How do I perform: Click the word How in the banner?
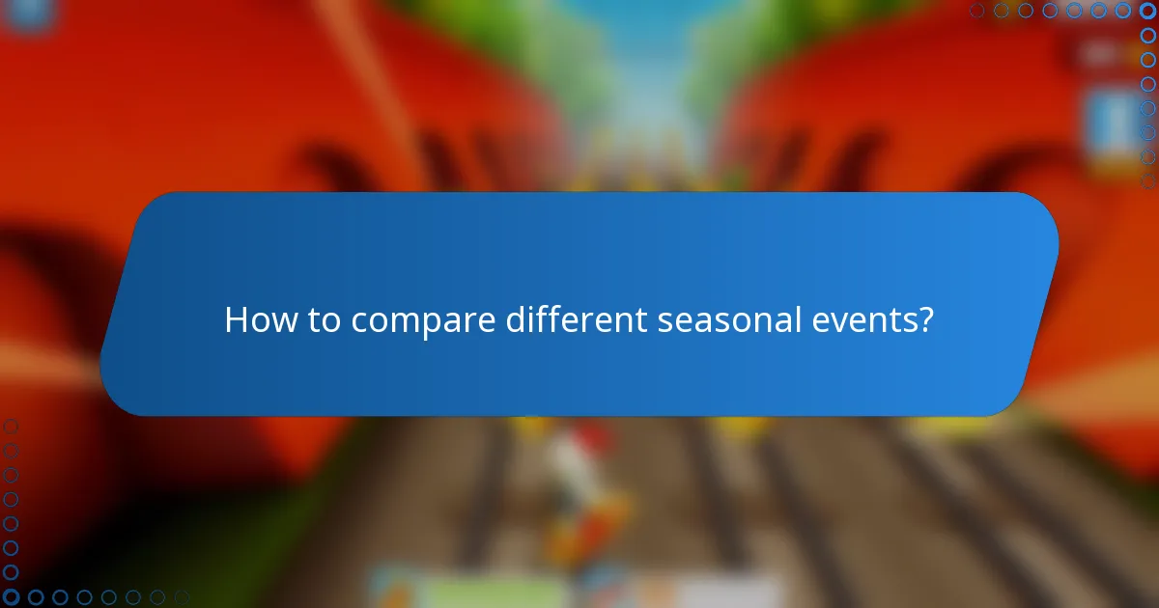pos(261,320)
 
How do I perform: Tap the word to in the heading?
pos(324,320)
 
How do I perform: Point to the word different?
pos(577,320)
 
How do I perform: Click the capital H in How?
pos(236,320)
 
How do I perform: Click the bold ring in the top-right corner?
pos(1147,11)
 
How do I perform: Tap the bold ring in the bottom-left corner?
pos(11,597)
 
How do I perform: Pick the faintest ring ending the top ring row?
pos(977,11)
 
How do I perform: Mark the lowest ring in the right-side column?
pos(1147,180)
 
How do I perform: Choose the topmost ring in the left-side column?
pos(11,426)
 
